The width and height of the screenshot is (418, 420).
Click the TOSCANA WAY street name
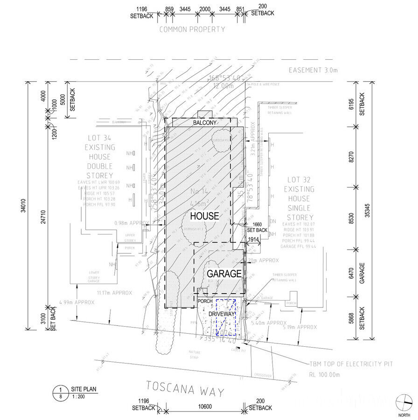tap(185, 388)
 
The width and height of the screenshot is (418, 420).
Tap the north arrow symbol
tap(404, 402)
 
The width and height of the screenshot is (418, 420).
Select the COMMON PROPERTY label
tap(192, 29)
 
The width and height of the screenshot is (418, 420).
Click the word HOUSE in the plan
tap(204, 216)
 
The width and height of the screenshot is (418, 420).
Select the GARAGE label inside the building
tap(223, 273)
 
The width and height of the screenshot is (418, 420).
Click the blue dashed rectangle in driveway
tap(225, 316)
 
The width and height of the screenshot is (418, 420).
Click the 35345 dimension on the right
tap(369, 210)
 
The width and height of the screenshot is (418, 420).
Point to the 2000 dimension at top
tap(204, 9)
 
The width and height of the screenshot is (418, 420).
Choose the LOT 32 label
tap(299, 180)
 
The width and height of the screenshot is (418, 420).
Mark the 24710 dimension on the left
tap(43, 216)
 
